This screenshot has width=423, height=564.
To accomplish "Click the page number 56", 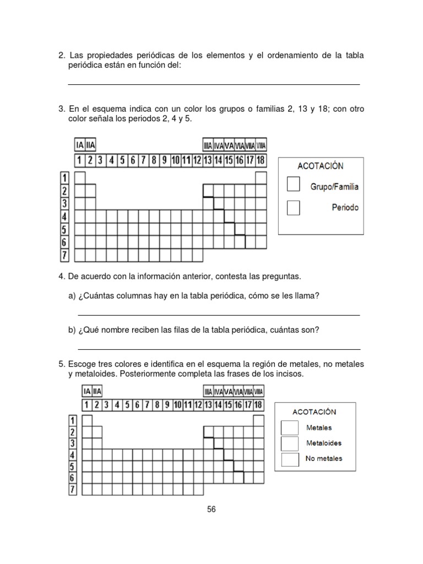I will [x=211, y=509].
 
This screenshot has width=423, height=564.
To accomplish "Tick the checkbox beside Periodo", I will [x=294, y=208].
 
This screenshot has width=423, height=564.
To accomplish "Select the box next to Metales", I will [x=290, y=428].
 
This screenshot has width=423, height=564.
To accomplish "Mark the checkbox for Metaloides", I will [x=290, y=443].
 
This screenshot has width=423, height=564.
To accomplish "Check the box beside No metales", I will [x=290, y=459].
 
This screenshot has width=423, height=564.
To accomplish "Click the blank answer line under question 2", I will [x=214, y=83].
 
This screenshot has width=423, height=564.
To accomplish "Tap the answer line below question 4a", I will [x=219, y=314].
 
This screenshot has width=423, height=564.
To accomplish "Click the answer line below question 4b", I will [x=219, y=348].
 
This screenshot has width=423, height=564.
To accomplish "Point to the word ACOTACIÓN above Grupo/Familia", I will [x=320, y=166].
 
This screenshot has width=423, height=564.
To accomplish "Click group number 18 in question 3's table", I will [x=261, y=161].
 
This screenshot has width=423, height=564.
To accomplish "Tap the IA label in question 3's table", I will [x=80, y=145].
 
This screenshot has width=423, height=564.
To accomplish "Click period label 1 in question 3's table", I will [x=64, y=178].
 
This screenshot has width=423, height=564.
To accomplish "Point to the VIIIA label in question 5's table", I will [x=259, y=392].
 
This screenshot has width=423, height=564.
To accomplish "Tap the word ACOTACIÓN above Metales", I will [x=314, y=411].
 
